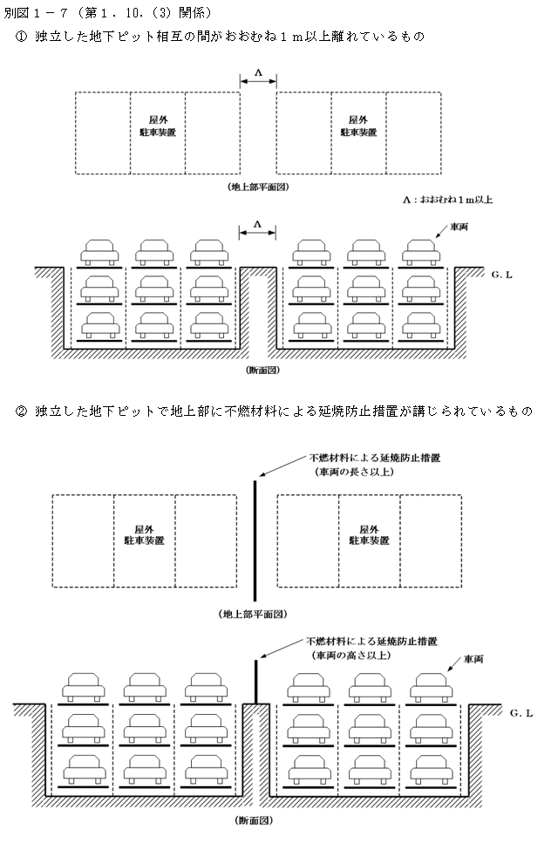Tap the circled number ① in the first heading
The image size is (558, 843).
[x=21, y=37]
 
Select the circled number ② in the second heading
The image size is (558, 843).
[x=21, y=411]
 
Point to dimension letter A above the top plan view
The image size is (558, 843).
[x=258, y=72]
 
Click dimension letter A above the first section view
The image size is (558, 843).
[x=257, y=224]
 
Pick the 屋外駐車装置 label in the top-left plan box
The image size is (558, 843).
[x=158, y=126]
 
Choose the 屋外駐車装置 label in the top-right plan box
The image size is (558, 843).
[x=358, y=126]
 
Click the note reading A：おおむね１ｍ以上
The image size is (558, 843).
[x=448, y=200]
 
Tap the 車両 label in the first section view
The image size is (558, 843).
[x=459, y=228]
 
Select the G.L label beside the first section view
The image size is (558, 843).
[x=501, y=275]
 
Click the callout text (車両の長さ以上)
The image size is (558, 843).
[x=355, y=472]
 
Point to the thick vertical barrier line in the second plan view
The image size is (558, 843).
[x=255, y=540]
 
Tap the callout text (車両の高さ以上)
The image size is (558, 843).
[x=351, y=656]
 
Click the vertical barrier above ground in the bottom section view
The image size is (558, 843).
[x=255, y=681]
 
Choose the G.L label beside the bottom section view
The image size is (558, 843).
[x=521, y=713]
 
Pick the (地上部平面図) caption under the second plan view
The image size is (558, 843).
[x=253, y=614]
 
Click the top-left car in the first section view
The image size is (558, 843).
[x=99, y=252]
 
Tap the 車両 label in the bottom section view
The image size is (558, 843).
[x=473, y=659]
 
